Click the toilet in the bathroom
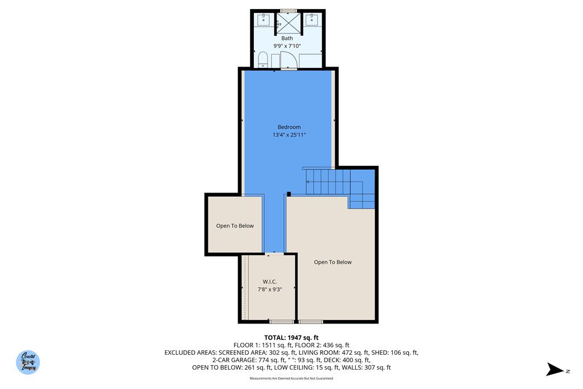(262, 59)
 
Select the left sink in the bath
(263, 21)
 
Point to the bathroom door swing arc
(289, 59)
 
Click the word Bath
(288, 38)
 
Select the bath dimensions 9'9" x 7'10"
(288, 46)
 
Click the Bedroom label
(289, 127)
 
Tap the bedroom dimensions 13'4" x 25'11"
(289, 135)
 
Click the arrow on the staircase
(308, 182)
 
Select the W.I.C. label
(269, 281)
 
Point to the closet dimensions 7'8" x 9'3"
(269, 289)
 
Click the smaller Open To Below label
(235, 226)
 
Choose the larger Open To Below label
(332, 262)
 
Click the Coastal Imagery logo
(28, 362)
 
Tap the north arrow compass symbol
(556, 370)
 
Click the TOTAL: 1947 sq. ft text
(295, 338)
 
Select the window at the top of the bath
(289, 10)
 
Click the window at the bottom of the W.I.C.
(281, 322)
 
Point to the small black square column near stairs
(289, 194)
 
